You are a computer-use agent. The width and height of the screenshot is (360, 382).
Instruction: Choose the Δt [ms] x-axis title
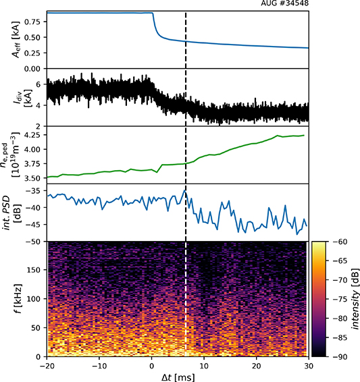177,376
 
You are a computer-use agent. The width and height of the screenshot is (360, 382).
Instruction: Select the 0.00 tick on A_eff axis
31,69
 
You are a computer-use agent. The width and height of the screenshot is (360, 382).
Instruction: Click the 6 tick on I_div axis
38,84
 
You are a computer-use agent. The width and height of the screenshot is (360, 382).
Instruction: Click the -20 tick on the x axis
47,364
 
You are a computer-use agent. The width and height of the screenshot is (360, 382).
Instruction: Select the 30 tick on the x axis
309,364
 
